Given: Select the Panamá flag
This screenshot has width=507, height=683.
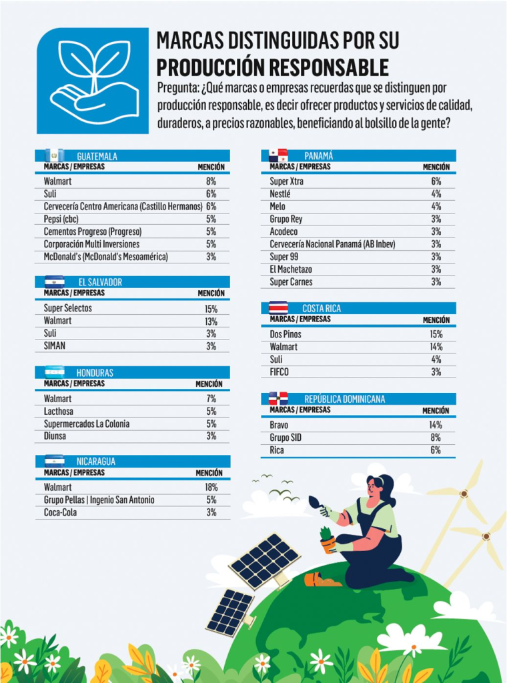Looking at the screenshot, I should coord(278,155).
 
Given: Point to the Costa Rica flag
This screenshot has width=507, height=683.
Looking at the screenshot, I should coord(278,308).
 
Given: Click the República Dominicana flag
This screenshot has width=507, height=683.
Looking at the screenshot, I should coord(278,399).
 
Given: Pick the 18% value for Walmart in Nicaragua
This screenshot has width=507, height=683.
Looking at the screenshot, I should coord(211,487).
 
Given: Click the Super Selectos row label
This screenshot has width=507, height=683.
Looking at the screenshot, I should coord(68,308).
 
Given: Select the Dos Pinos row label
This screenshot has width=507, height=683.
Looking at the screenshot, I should coord(286,334).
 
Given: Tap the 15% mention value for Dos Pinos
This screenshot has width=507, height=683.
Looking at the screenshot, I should coord(436,334).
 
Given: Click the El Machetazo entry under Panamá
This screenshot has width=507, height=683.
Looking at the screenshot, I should coord(291,269).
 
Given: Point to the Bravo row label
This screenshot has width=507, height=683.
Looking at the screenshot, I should coord(279,425).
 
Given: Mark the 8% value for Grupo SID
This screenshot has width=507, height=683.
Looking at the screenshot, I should coord(436,438).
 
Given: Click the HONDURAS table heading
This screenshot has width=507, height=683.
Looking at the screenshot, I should coord(95,372).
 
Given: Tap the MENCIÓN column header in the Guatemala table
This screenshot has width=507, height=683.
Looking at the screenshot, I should coord(211,167).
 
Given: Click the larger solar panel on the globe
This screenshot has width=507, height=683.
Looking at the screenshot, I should coord(264,560).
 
